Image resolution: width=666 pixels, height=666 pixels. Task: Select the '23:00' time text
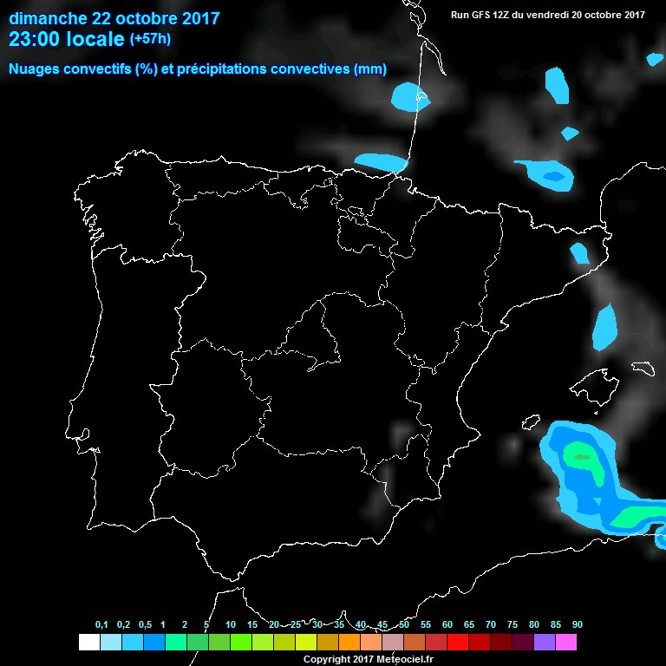35,39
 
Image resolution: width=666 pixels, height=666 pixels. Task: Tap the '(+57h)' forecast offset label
150,39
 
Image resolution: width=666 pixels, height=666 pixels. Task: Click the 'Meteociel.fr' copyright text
402,660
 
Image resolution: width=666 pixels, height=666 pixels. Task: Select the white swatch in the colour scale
88,643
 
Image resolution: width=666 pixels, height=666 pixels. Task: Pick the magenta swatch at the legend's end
566,643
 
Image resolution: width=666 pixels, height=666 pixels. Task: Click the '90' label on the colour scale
578,625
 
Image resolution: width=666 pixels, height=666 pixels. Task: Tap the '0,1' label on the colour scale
101,625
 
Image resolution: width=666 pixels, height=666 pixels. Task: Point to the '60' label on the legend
447,625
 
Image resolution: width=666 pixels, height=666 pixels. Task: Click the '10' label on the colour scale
231,625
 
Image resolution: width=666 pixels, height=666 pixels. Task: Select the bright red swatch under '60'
458,643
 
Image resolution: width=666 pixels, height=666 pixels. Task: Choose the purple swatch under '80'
545,643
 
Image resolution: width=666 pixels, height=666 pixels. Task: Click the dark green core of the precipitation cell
581,456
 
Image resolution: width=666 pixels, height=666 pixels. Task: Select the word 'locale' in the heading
95,39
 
